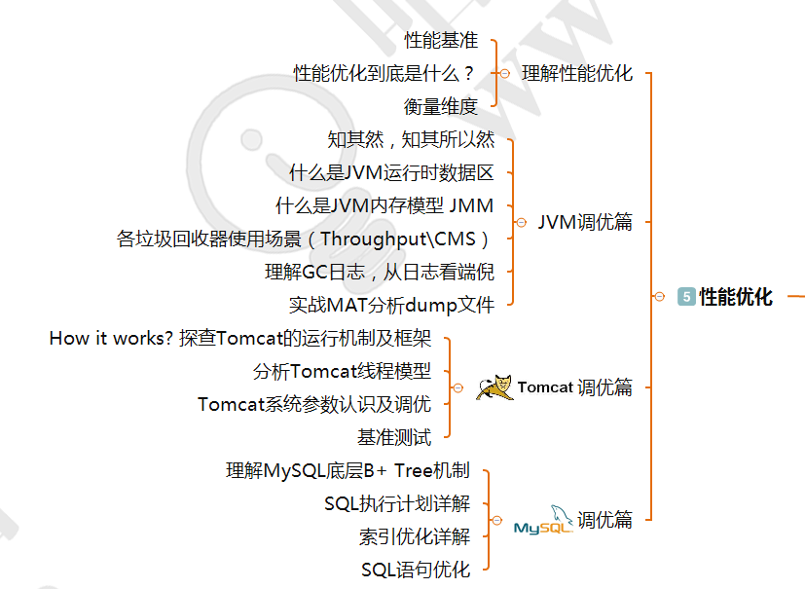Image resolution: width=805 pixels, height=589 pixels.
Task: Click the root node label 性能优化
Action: [736, 297]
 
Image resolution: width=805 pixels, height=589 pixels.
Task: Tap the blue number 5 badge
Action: [686, 297]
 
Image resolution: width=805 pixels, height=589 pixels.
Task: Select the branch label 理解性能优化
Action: [577, 73]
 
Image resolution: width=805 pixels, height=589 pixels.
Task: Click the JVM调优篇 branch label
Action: [585, 222]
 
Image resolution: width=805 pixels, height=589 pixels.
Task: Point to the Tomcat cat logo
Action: [494, 387]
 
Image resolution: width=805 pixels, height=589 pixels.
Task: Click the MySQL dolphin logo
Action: [543, 521]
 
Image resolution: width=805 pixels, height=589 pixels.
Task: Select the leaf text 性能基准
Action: [441, 40]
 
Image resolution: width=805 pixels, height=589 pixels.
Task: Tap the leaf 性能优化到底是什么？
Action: [385, 73]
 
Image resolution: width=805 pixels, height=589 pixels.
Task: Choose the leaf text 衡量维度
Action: [441, 106]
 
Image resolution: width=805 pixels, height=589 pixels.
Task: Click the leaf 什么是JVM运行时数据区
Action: [391, 173]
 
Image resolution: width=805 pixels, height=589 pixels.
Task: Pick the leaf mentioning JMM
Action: [384, 205]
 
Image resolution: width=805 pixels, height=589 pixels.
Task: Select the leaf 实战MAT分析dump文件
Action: [391, 305]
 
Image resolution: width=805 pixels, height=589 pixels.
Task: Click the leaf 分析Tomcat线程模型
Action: [341, 371]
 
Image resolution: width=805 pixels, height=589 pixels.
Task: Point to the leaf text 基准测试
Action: [394, 437]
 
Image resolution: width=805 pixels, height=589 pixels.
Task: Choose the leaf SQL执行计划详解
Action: [397, 503]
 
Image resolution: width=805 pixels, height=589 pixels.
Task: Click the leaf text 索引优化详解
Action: [414, 536]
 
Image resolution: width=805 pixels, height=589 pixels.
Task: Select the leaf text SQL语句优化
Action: [416, 570]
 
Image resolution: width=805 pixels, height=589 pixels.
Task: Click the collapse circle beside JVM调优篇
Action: [521, 222]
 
